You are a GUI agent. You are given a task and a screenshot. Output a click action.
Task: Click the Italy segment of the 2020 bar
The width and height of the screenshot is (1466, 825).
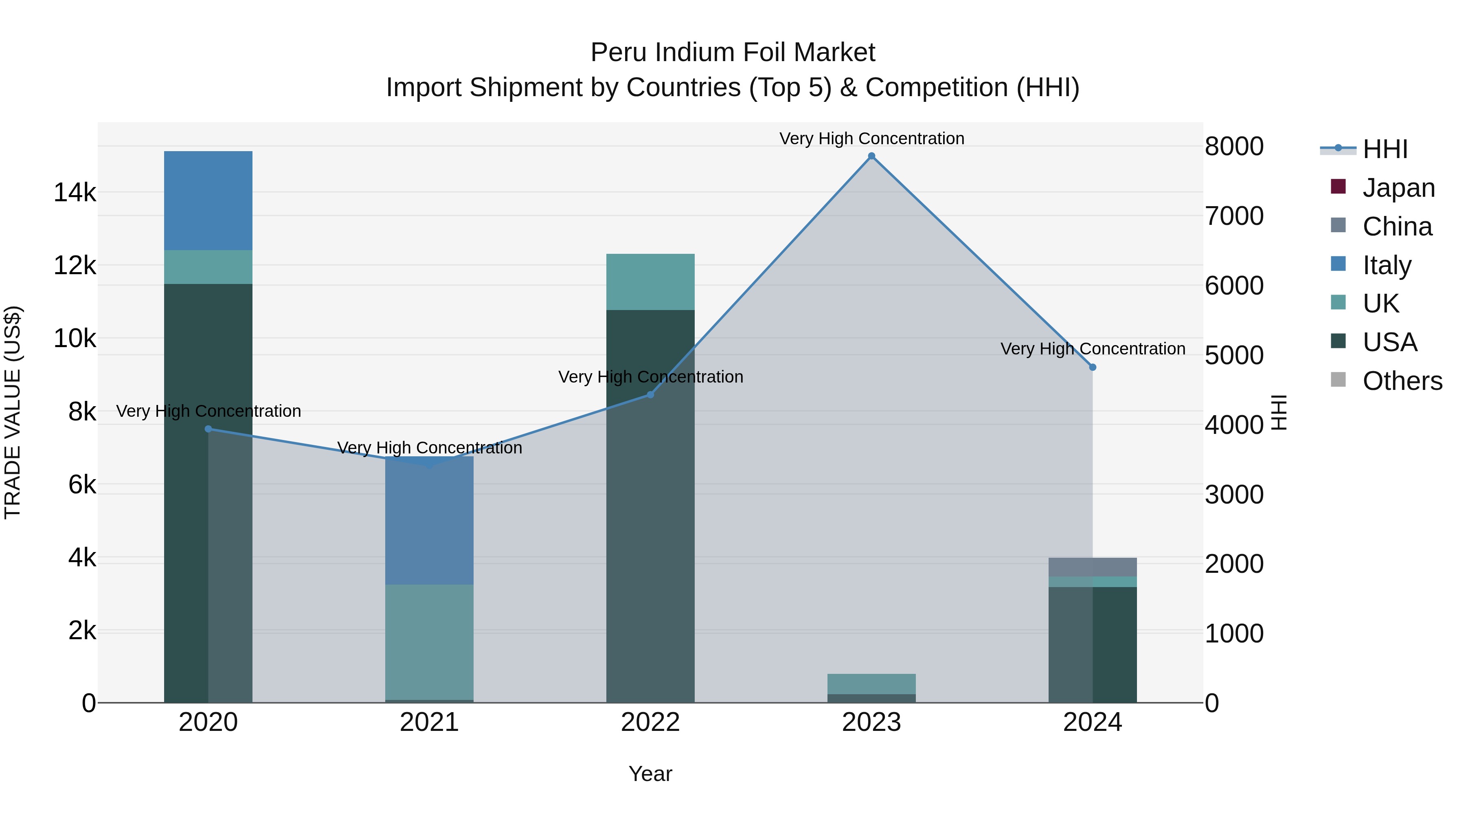pyautogui.click(x=208, y=200)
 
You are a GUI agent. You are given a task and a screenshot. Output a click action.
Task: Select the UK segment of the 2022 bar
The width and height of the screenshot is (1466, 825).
pyautogui.click(x=650, y=282)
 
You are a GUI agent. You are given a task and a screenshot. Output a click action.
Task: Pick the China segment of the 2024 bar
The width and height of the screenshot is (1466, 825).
pyautogui.click(x=1092, y=567)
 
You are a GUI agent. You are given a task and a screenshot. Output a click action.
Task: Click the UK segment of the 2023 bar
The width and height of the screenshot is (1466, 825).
pyautogui.click(x=871, y=684)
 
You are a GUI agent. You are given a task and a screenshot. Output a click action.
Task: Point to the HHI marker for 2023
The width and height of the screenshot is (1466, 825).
pyautogui.click(x=871, y=156)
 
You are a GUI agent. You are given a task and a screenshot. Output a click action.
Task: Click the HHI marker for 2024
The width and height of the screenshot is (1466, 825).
pyautogui.click(x=1092, y=367)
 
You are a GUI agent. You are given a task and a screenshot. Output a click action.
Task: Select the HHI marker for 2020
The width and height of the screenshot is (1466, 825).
pyautogui.click(x=208, y=429)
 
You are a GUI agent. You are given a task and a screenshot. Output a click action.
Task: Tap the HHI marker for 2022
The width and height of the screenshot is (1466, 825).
pyautogui.click(x=650, y=394)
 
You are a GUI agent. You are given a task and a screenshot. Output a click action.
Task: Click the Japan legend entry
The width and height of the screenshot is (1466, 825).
pyautogui.click(x=1398, y=188)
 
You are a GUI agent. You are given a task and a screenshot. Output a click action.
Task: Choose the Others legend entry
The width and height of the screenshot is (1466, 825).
pyautogui.click(x=1402, y=381)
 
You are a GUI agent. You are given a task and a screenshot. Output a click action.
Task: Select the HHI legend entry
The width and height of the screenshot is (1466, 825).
pyautogui.click(x=1385, y=149)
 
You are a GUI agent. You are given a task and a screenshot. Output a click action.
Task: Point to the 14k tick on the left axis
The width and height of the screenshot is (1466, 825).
pyautogui.click(x=75, y=192)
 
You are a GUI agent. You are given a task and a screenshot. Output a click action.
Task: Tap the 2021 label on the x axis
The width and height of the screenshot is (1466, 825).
pyautogui.click(x=429, y=722)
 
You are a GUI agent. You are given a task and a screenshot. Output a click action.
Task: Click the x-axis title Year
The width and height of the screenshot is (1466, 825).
pyautogui.click(x=650, y=774)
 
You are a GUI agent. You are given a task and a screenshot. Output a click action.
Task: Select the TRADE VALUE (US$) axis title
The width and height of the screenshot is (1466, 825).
pyautogui.click(x=13, y=412)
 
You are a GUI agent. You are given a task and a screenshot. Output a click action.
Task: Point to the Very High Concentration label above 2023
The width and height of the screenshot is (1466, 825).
pyautogui.click(x=871, y=139)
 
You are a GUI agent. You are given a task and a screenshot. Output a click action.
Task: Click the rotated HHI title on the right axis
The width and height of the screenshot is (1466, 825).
pyautogui.click(x=1279, y=412)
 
